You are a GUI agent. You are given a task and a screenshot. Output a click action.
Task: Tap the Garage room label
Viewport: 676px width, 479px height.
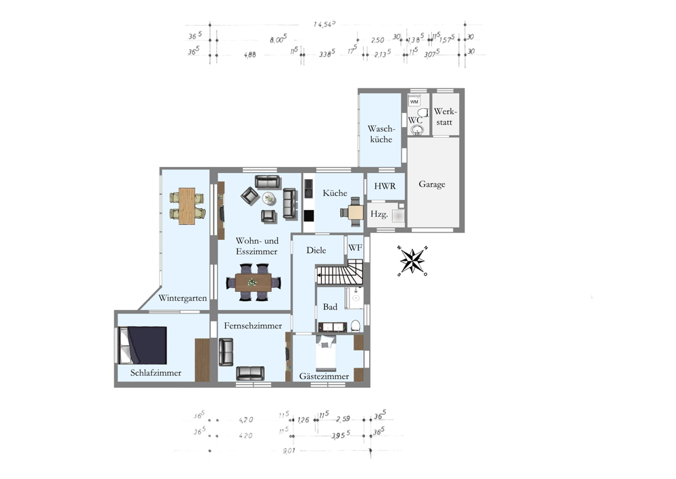pyautogui.click(x=432, y=184)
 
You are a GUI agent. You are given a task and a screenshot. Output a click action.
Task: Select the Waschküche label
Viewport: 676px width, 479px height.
pyautogui.click(x=380, y=134)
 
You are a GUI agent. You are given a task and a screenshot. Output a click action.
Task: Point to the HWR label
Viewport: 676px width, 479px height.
pyautogui.click(x=385, y=186)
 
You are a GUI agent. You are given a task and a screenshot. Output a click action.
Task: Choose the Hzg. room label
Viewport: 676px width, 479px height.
pyautogui.click(x=379, y=215)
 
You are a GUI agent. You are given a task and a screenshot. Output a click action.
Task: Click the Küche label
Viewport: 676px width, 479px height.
pyautogui.click(x=335, y=193)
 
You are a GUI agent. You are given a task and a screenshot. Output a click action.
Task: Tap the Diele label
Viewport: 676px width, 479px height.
pyautogui.click(x=316, y=251)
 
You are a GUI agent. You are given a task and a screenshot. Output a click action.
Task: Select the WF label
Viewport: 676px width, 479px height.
pyautogui.click(x=355, y=248)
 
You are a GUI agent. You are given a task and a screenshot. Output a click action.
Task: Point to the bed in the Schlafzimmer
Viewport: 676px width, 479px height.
pyautogui.click(x=143, y=345)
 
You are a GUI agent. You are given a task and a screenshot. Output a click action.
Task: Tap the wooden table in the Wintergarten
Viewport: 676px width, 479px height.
pyautogui.click(x=186, y=206)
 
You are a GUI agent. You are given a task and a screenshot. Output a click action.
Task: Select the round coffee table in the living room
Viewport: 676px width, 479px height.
pyautogui.click(x=269, y=199)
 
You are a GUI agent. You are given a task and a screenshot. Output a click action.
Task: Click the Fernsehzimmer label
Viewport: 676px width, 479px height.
pyautogui.click(x=253, y=326)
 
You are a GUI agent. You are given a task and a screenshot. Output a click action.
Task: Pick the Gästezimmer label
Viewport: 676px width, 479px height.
pyautogui.click(x=324, y=376)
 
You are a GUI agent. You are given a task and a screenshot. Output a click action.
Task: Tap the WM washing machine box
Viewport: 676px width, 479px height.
pyautogui.click(x=414, y=102)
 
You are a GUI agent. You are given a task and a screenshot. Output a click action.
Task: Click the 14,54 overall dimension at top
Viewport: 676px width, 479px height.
pyautogui.click(x=325, y=25)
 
